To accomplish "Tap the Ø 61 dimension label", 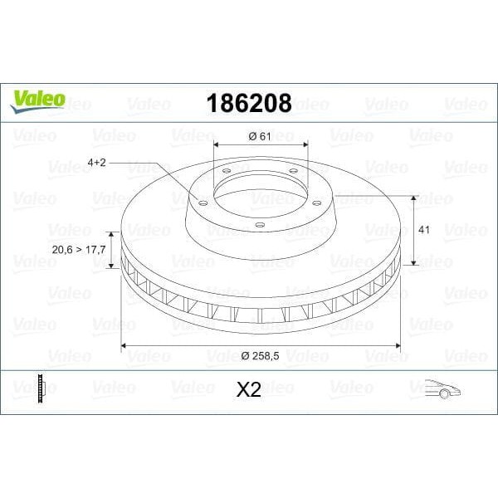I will pos(261,136).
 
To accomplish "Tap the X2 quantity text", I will pos(248,388).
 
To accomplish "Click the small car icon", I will pos(442,388).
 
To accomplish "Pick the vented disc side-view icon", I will pos(38,388).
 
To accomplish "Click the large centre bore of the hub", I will pos(261,188).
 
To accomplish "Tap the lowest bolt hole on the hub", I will pos(259,225).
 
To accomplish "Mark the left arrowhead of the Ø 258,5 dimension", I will pos(125,344).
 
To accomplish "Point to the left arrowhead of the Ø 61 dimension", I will pos(217,148).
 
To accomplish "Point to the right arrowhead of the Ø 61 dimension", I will pos(305,148).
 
